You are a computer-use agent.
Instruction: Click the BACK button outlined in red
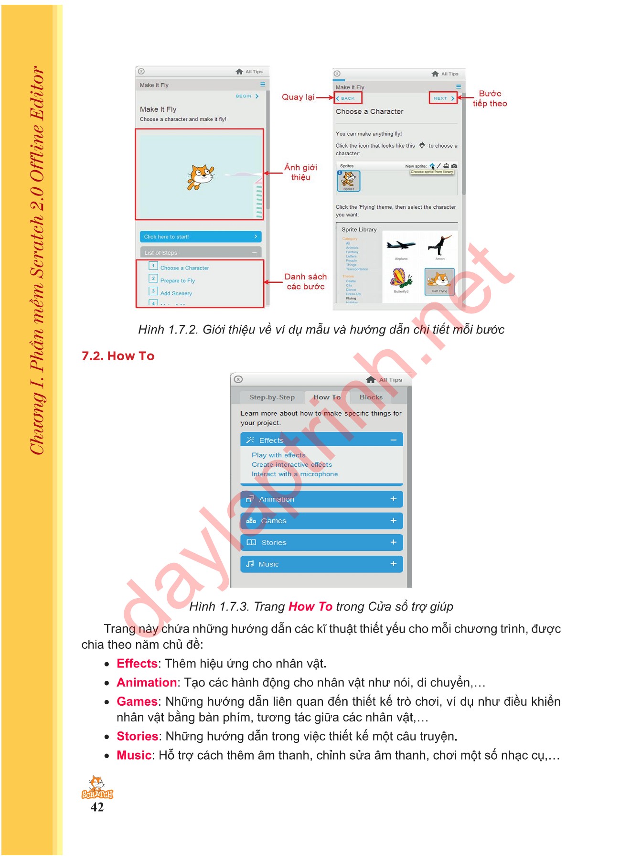tap(348, 98)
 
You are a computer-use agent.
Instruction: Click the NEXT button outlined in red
tap(443, 98)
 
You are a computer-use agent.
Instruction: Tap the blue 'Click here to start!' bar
tap(200, 236)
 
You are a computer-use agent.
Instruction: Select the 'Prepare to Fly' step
tap(177, 280)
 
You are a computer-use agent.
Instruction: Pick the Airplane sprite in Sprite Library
tap(401, 246)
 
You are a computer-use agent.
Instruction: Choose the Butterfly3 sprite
tap(401, 279)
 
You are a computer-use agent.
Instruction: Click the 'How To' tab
tap(327, 397)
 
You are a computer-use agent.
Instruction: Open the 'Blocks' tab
tap(371, 397)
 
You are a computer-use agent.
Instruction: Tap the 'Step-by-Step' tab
tap(272, 397)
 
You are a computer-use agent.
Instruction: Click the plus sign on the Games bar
tap(393, 520)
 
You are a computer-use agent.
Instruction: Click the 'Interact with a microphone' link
tap(294, 474)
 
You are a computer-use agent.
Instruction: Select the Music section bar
tap(321, 564)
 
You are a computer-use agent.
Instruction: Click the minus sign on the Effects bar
tap(393, 440)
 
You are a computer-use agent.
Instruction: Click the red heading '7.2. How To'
tap(118, 356)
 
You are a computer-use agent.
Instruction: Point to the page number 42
tap(97, 807)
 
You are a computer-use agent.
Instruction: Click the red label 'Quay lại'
tap(298, 97)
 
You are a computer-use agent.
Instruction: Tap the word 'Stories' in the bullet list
tap(137, 736)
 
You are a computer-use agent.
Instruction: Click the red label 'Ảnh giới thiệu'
tap(300, 172)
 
